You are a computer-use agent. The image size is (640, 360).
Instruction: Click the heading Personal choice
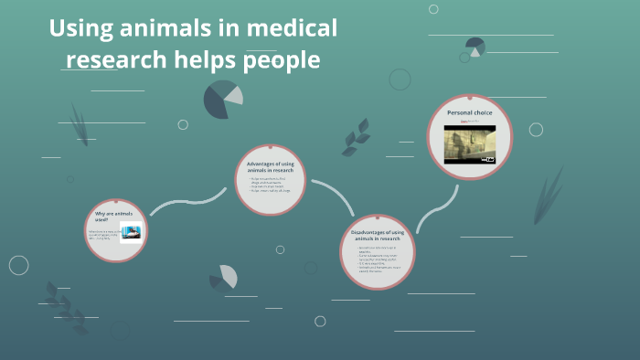(x=469, y=112)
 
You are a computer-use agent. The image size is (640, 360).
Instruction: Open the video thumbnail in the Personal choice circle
(x=469, y=143)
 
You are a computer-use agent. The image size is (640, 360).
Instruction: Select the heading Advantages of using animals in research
(x=270, y=166)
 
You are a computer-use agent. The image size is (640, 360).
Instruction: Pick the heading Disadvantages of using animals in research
(x=377, y=237)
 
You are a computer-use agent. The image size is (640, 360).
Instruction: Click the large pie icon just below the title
(x=222, y=100)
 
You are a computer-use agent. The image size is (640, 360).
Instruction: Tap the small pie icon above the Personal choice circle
(x=475, y=46)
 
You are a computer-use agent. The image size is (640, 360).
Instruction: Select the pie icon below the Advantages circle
(x=223, y=277)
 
